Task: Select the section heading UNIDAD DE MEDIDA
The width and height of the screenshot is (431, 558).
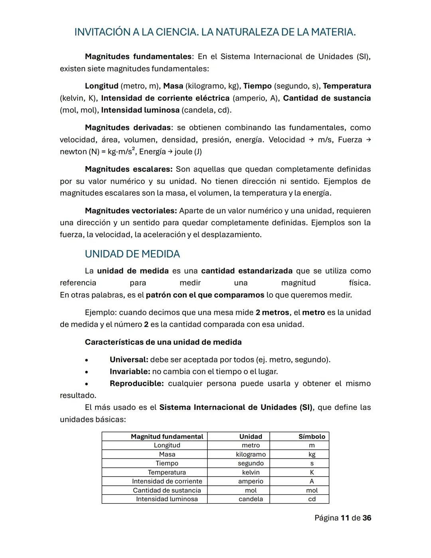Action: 132,254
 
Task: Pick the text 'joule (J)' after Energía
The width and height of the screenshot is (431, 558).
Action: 188,152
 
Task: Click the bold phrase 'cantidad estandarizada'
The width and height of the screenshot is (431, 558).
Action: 247,271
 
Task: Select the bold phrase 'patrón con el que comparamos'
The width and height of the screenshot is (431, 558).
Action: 205,295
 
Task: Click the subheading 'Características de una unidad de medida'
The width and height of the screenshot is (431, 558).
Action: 163,342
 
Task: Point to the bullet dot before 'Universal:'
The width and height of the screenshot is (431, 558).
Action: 87,360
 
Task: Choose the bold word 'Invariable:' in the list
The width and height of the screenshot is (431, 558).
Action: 130,372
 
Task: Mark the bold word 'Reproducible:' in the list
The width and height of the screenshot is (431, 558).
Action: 136,384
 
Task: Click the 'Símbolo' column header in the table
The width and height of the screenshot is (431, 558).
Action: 312,437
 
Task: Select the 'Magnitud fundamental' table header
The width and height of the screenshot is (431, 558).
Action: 167,437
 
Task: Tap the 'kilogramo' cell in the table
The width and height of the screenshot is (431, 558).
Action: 251,455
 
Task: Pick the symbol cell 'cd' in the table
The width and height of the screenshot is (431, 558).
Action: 312,499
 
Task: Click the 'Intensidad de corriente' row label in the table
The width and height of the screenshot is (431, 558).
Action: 167,481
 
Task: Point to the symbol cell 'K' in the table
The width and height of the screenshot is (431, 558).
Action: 312,473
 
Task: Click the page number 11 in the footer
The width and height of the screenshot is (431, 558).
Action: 344,518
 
